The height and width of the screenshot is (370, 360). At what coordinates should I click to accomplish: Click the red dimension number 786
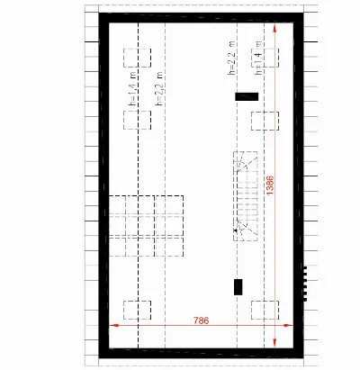[201, 320]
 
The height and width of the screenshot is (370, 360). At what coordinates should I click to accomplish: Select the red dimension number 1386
[270, 185]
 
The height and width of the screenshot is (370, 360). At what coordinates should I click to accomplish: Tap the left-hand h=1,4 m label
[132, 89]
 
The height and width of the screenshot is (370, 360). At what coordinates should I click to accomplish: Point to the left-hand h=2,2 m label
[159, 89]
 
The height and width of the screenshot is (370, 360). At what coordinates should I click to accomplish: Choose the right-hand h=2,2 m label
[231, 58]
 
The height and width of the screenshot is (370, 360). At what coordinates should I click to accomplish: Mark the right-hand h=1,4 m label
[258, 58]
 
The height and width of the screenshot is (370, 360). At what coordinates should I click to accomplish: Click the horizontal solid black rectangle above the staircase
[247, 96]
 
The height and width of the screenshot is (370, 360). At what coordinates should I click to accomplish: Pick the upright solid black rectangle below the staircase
[238, 287]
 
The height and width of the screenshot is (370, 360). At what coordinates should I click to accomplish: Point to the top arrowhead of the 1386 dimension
[274, 28]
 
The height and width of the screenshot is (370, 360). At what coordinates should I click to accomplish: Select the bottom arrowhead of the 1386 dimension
[274, 343]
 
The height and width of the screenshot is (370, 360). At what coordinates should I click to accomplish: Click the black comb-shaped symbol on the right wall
[304, 283]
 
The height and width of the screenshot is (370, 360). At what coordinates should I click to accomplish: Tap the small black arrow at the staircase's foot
[236, 230]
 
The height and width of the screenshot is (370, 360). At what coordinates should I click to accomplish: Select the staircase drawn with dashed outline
[246, 196]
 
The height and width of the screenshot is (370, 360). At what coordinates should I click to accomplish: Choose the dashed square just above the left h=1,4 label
[137, 58]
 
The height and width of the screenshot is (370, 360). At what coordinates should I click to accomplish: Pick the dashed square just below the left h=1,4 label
[137, 120]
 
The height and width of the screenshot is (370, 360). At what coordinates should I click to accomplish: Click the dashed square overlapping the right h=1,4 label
[265, 58]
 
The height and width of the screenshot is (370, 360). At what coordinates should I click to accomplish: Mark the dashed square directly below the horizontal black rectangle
[265, 121]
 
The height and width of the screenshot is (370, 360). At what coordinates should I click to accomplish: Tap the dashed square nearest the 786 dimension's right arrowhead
[265, 310]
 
